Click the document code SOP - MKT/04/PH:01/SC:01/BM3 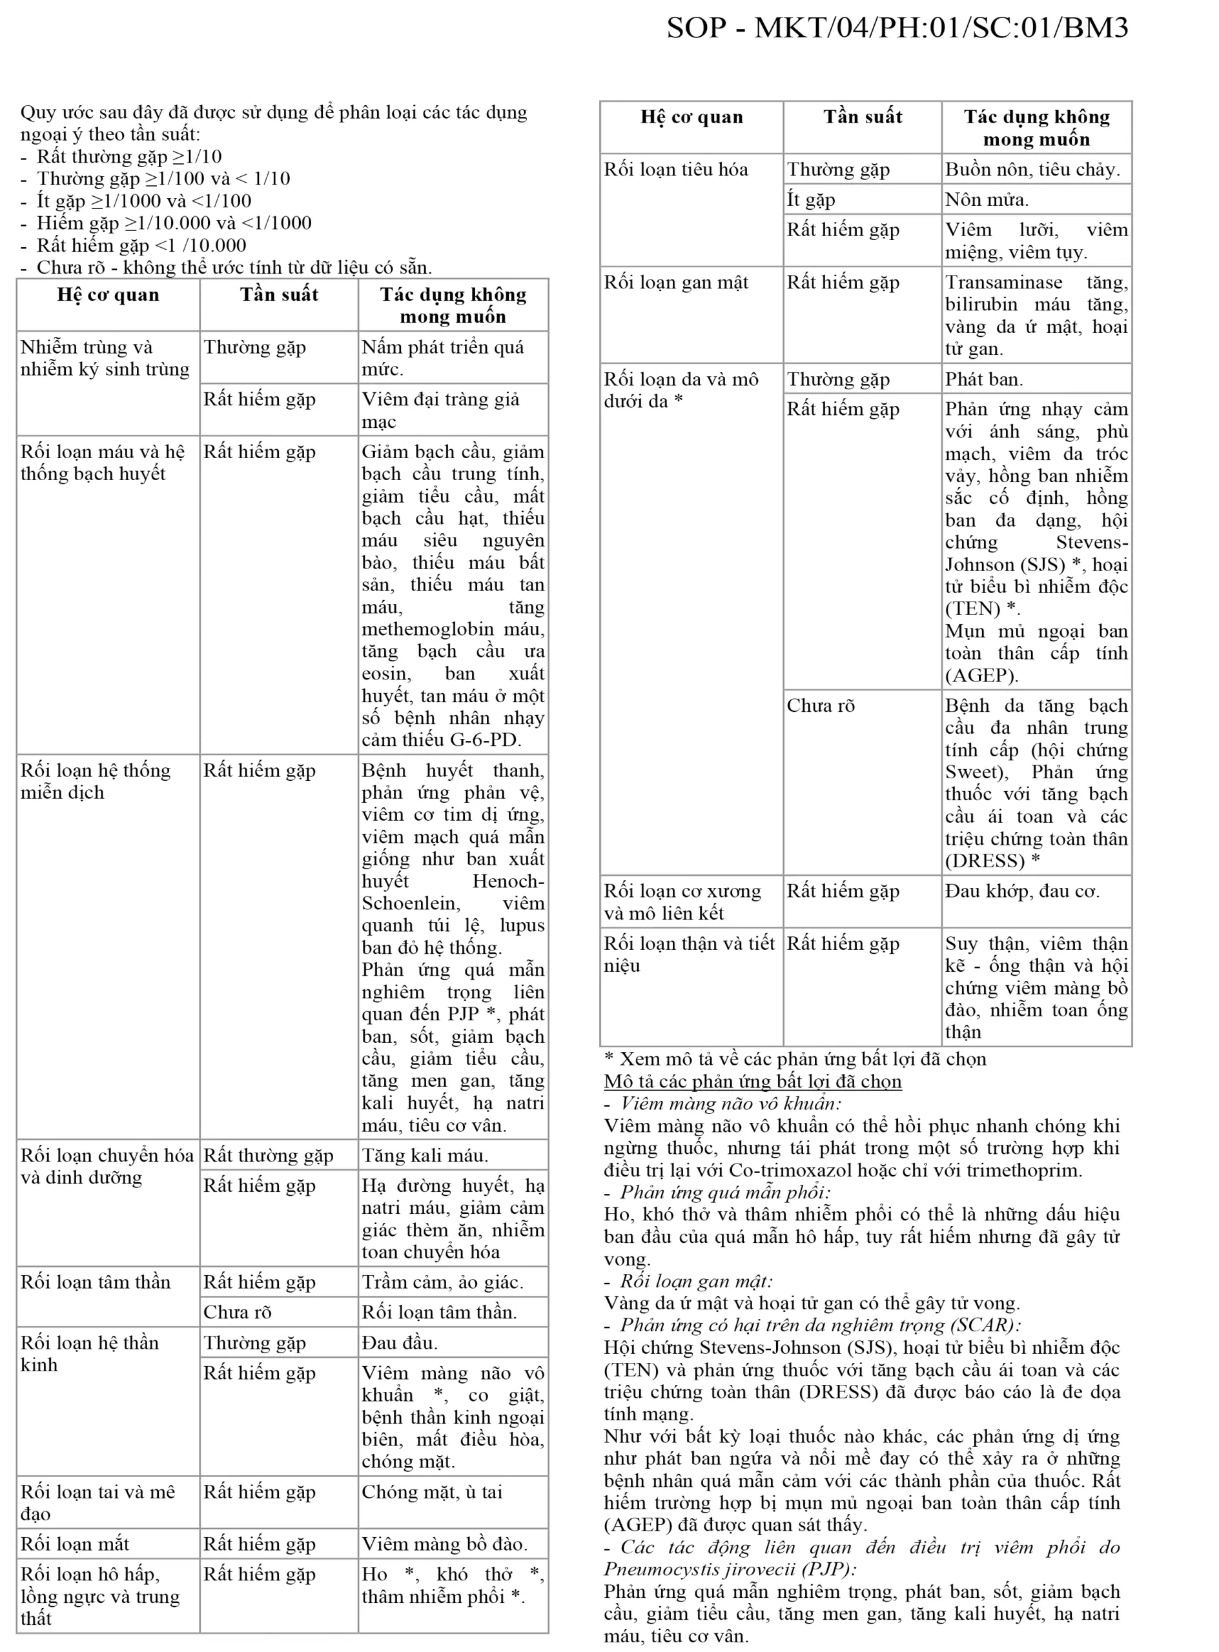(x=897, y=28)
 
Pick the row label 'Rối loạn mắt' (x=74, y=1544)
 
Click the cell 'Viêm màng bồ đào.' (x=444, y=1544)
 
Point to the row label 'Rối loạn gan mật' (x=676, y=283)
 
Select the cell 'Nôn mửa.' (x=987, y=199)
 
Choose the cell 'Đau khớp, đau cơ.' (x=1022, y=891)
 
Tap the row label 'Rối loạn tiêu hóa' (x=676, y=170)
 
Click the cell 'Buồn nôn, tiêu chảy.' (x=1032, y=170)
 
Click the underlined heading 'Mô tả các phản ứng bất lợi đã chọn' (x=753, y=1082)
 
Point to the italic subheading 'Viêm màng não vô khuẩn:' (x=730, y=1104)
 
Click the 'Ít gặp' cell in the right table (x=811, y=199)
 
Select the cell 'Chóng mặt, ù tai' (x=432, y=1492)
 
